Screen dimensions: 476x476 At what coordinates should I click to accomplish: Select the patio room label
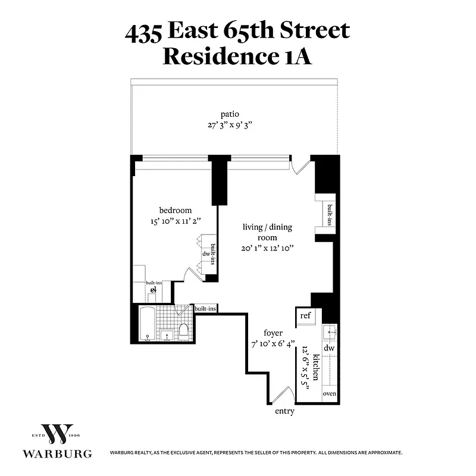229,114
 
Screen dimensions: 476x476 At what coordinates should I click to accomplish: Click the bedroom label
176,210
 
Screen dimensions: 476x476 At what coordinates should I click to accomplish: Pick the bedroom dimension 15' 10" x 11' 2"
176,221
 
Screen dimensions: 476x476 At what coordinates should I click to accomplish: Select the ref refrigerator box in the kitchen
306,315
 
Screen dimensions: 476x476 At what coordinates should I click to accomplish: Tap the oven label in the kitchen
330,394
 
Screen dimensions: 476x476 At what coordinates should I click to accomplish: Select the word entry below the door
284,411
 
